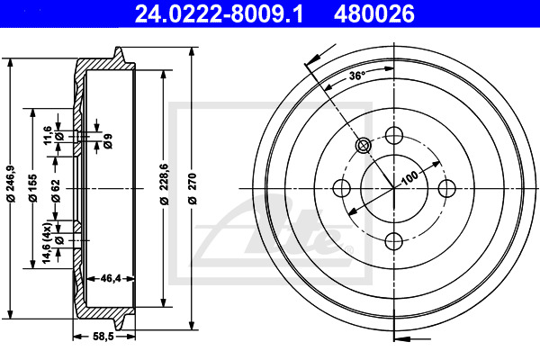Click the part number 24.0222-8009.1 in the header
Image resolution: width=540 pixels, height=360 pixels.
point(219,14)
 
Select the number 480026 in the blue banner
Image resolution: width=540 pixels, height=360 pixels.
point(374,14)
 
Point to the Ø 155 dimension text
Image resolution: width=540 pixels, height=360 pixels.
point(32,188)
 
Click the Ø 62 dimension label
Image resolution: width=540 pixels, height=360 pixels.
point(56,191)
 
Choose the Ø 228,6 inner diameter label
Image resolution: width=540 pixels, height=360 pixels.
point(165,184)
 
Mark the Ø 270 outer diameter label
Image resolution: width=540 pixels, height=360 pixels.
point(193,188)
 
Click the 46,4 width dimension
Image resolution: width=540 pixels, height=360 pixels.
point(111,278)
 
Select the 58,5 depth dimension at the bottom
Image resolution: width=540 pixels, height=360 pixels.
point(103,337)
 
